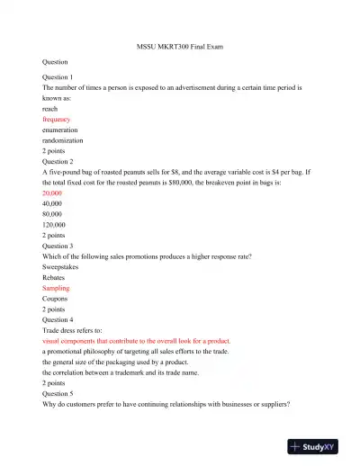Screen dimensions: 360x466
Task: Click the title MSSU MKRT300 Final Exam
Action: [179, 45]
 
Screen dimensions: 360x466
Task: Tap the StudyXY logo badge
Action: [318, 445]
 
